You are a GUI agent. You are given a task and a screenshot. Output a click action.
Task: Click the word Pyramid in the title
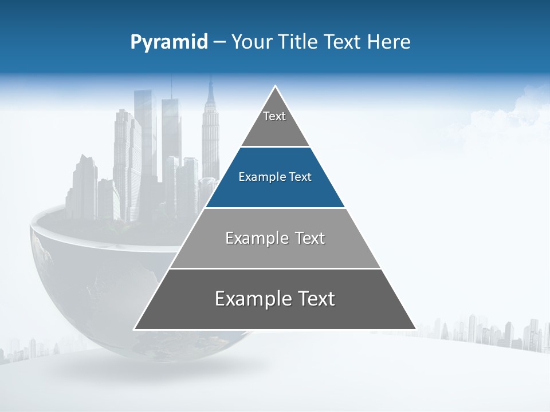pyautogui.click(x=169, y=42)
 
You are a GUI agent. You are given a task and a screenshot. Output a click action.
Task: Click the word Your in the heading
pyautogui.click(x=251, y=42)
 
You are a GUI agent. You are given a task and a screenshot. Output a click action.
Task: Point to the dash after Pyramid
pyautogui.click(x=219, y=42)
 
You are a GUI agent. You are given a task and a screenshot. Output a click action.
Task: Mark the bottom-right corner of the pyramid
pyautogui.click(x=415, y=329)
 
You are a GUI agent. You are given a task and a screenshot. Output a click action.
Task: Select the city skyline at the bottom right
pyautogui.click(x=493, y=332)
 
